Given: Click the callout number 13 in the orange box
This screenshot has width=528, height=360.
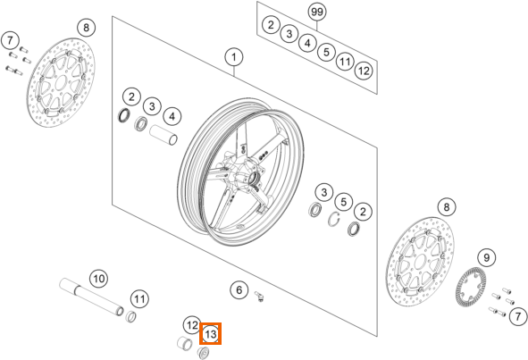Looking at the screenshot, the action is click(x=211, y=334).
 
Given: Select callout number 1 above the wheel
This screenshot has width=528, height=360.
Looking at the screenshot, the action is click(x=234, y=57).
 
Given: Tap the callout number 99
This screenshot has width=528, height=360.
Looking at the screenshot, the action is click(x=317, y=12).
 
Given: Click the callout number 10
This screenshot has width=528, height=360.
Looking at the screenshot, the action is click(x=98, y=279).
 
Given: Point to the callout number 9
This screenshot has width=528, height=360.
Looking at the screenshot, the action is click(x=487, y=258).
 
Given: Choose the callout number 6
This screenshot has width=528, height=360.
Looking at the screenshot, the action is click(x=239, y=289).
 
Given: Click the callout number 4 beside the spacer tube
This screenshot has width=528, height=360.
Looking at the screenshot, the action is click(x=172, y=117).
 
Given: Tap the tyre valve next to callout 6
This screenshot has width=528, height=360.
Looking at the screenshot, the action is click(x=260, y=297).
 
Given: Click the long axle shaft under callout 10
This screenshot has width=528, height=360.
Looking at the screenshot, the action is click(x=92, y=297).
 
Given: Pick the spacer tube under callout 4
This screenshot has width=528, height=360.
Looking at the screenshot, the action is click(x=163, y=135).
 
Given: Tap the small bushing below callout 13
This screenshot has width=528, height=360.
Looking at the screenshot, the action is click(x=203, y=353).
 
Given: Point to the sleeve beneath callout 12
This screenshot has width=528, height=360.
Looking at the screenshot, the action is click(x=185, y=342).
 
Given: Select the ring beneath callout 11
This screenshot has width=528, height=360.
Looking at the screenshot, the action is click(x=131, y=316).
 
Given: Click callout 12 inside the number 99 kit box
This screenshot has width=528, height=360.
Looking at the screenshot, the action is click(x=364, y=71).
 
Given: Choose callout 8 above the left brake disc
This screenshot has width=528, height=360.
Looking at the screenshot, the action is click(x=86, y=28).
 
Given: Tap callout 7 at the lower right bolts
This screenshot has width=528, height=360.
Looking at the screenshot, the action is click(x=517, y=316).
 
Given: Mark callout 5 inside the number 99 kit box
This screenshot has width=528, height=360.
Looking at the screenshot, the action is click(x=326, y=52).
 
